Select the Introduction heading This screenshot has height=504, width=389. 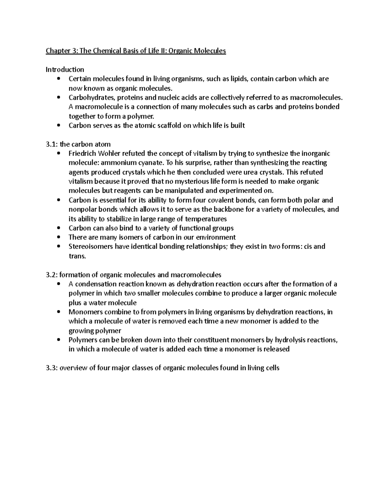click(65, 69)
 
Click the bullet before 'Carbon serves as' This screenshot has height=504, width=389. click(58, 126)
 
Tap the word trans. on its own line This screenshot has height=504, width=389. click(77, 256)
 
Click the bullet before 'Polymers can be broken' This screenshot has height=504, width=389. click(58, 340)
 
